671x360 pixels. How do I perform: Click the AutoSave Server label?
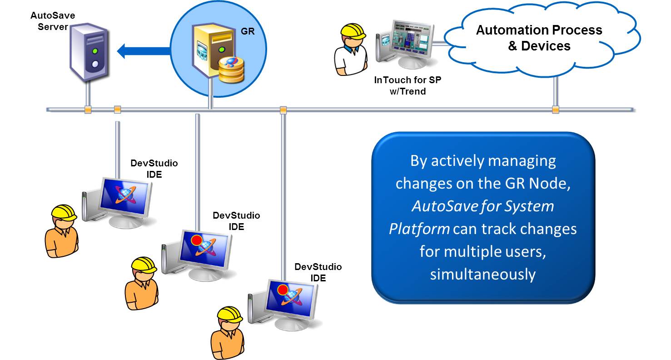(53, 21)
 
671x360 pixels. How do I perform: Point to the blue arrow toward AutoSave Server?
(141, 51)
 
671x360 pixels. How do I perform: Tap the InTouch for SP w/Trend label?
(408, 85)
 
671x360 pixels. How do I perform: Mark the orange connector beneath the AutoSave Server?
(88, 110)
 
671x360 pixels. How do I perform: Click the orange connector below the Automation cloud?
(555, 110)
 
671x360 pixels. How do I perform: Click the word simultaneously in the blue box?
(483, 275)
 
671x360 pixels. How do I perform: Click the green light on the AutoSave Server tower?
(95, 51)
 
